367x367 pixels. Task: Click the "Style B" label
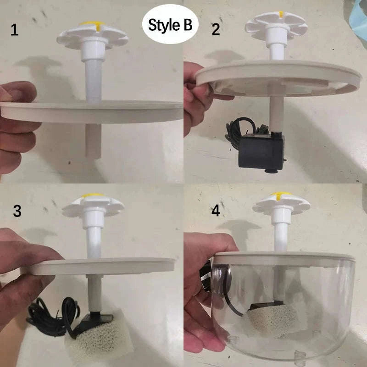pyautogui.click(x=170, y=25)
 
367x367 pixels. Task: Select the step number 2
pyautogui.click(x=216, y=30)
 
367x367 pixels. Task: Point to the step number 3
pyautogui.click(x=17, y=211)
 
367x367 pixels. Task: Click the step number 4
pyautogui.click(x=216, y=211)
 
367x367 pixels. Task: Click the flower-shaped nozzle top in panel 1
pyautogui.click(x=92, y=35)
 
